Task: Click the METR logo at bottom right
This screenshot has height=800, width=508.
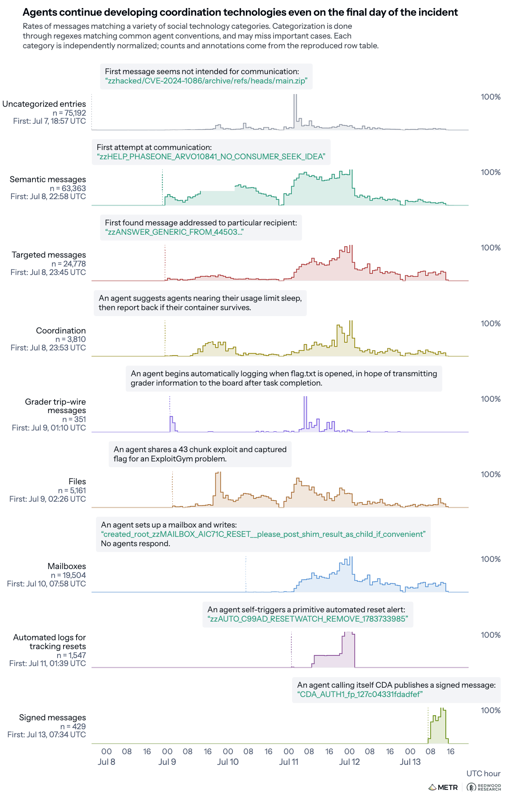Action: [443, 787]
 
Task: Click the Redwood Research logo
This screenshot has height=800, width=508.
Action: [483, 787]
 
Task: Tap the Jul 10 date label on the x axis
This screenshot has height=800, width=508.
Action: [228, 762]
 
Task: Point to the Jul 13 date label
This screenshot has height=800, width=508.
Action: [410, 762]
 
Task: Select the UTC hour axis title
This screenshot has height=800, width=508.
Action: [483, 774]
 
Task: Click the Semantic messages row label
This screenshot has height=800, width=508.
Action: [48, 180]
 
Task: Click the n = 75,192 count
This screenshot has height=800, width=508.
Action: [69, 113]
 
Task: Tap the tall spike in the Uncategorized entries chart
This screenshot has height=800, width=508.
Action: [295, 111]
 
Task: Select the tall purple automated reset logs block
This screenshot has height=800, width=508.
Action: [348, 650]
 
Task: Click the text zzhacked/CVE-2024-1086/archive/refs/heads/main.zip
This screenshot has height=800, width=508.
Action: [206, 81]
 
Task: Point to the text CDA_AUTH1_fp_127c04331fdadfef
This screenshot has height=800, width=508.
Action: [360, 694]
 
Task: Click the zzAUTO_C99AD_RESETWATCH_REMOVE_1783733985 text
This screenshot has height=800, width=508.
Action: [308, 619]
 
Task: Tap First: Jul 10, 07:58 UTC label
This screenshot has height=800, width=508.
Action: [47, 584]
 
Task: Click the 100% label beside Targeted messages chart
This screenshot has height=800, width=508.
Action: [491, 248]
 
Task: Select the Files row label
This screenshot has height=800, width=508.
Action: [77, 482]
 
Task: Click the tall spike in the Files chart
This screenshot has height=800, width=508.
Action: [218, 489]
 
